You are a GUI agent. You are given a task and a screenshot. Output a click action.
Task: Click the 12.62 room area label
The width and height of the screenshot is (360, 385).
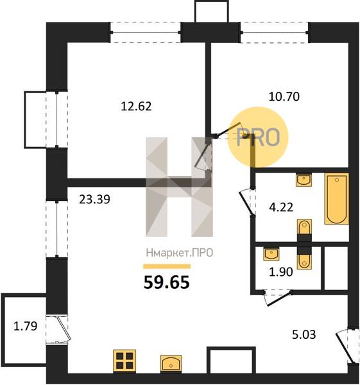click(136, 107)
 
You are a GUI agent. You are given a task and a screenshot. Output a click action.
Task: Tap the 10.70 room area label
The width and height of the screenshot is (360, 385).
click(284, 96)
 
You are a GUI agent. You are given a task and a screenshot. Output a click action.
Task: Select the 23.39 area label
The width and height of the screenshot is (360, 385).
click(94, 199)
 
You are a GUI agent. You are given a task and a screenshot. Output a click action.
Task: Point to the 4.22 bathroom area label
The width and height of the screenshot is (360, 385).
click(281, 207)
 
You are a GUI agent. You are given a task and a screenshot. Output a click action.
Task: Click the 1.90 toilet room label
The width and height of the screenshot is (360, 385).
click(281, 272)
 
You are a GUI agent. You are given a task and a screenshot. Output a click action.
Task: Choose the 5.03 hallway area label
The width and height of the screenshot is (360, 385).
click(304, 334)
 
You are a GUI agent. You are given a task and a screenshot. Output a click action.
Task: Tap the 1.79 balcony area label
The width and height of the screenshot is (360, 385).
click(25, 327)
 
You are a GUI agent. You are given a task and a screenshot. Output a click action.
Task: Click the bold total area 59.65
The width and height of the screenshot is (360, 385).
click(167, 282)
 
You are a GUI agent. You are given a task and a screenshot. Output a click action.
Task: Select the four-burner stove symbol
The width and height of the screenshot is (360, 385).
click(124, 361)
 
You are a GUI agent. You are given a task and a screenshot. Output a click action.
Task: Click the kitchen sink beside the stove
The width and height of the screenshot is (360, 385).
click(171, 363)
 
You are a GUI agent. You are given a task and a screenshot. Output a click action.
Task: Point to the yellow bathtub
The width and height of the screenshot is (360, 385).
click(337, 199)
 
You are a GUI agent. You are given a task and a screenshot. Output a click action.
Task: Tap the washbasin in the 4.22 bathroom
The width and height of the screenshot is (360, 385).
click(304, 180)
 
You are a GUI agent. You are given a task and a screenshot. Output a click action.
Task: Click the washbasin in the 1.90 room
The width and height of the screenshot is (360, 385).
click(271, 254)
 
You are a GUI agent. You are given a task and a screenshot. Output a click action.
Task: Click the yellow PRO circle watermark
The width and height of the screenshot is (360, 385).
click(258, 137)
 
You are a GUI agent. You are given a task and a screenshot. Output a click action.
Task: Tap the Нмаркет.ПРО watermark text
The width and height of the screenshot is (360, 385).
click(180, 253)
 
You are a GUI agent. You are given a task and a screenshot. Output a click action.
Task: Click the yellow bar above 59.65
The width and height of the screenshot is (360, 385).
click(167, 266)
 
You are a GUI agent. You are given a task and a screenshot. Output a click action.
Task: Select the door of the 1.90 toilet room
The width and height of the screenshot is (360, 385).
click(277, 298)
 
